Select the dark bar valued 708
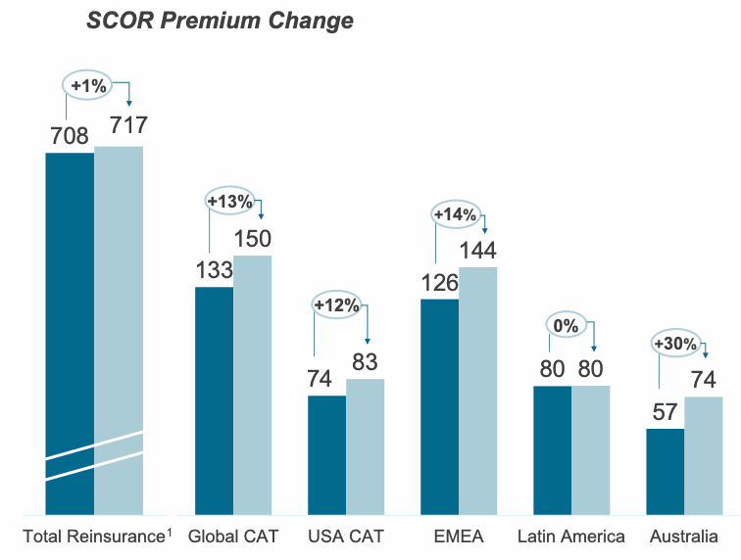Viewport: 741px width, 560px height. tap(70, 333)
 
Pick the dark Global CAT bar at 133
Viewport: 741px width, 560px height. tap(214, 400)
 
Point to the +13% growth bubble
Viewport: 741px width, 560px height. tap(229, 202)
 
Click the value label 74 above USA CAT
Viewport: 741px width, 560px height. tap(320, 379)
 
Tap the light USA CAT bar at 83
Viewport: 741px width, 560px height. tap(365, 446)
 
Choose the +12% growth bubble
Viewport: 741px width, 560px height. tap(336, 305)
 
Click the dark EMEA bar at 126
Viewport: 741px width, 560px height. tap(439, 406)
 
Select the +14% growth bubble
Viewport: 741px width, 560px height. tap(455, 214)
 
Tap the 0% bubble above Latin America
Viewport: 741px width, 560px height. tap(566, 325)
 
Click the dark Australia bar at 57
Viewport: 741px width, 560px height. tap(665, 471)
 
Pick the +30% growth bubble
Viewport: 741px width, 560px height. tap(675, 344)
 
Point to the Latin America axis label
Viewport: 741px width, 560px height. tap(571, 537)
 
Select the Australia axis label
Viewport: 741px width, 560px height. tap(683, 537)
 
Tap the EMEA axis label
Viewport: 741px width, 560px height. tap(459, 537)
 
